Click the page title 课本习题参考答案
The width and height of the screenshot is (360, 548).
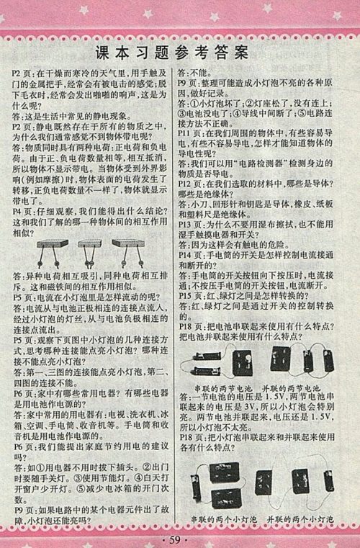point(180,52)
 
